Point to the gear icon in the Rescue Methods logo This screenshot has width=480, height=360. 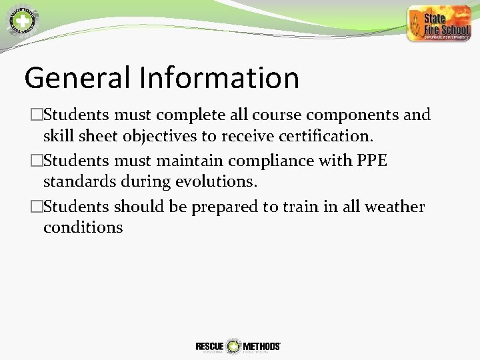coord(233,346)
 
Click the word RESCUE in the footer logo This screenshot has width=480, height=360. coord(209,346)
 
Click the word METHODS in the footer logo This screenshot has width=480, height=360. coord(261,346)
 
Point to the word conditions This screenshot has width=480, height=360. coord(83,227)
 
